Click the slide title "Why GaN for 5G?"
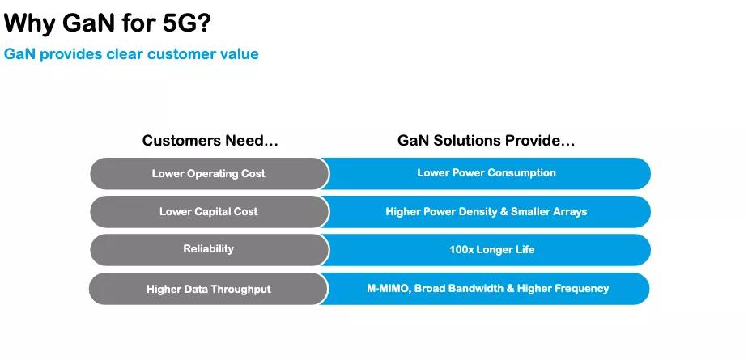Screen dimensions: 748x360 click(x=107, y=23)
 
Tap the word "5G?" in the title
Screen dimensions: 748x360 click(x=186, y=23)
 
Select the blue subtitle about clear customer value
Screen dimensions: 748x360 click(x=131, y=54)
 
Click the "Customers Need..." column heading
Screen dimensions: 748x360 click(x=210, y=141)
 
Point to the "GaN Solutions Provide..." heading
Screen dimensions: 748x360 click(x=486, y=141)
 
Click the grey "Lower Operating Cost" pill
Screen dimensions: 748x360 click(x=209, y=174)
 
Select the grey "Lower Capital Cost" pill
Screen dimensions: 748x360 click(x=209, y=212)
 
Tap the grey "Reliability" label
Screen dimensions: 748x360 click(x=209, y=249)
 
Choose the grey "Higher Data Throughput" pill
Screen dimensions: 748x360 click(x=209, y=289)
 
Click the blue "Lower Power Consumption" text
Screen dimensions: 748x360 click(x=487, y=172)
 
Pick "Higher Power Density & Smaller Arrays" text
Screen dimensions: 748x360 click(x=486, y=211)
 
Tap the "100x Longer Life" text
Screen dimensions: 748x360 click(x=492, y=249)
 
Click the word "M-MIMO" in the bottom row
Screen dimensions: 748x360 click(x=387, y=289)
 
